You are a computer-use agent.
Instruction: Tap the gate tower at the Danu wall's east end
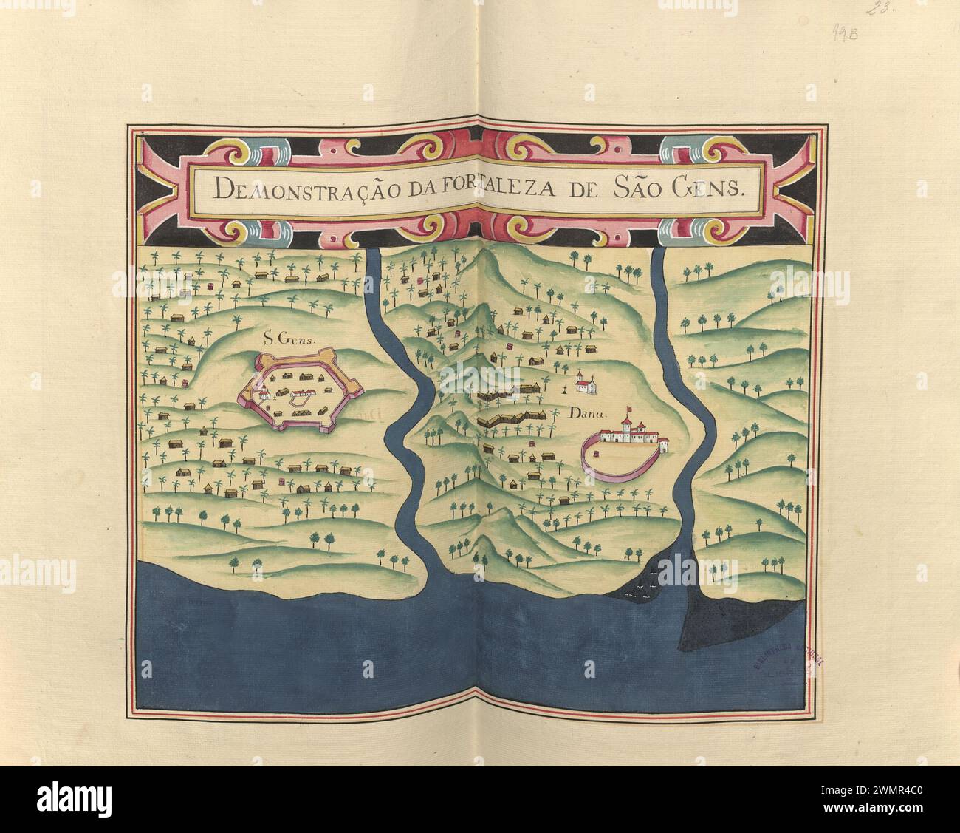coord(664,445)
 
